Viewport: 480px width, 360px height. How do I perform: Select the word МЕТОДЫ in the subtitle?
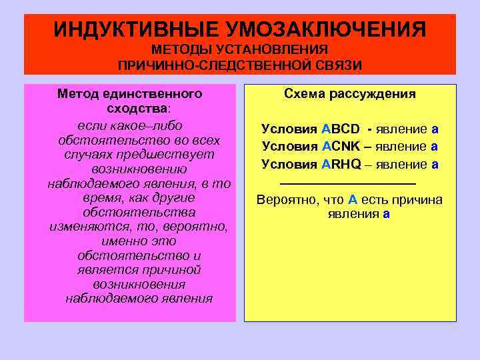(x=181, y=50)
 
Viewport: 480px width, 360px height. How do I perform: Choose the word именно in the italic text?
(x=123, y=241)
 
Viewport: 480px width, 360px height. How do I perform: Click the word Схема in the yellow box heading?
(x=304, y=94)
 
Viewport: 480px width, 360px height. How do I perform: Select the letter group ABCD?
(x=340, y=129)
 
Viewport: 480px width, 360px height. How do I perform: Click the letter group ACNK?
(x=339, y=146)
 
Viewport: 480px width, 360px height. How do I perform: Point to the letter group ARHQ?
(x=340, y=163)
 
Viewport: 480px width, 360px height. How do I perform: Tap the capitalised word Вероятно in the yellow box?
(x=285, y=200)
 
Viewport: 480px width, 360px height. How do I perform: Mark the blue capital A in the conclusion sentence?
(x=353, y=200)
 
